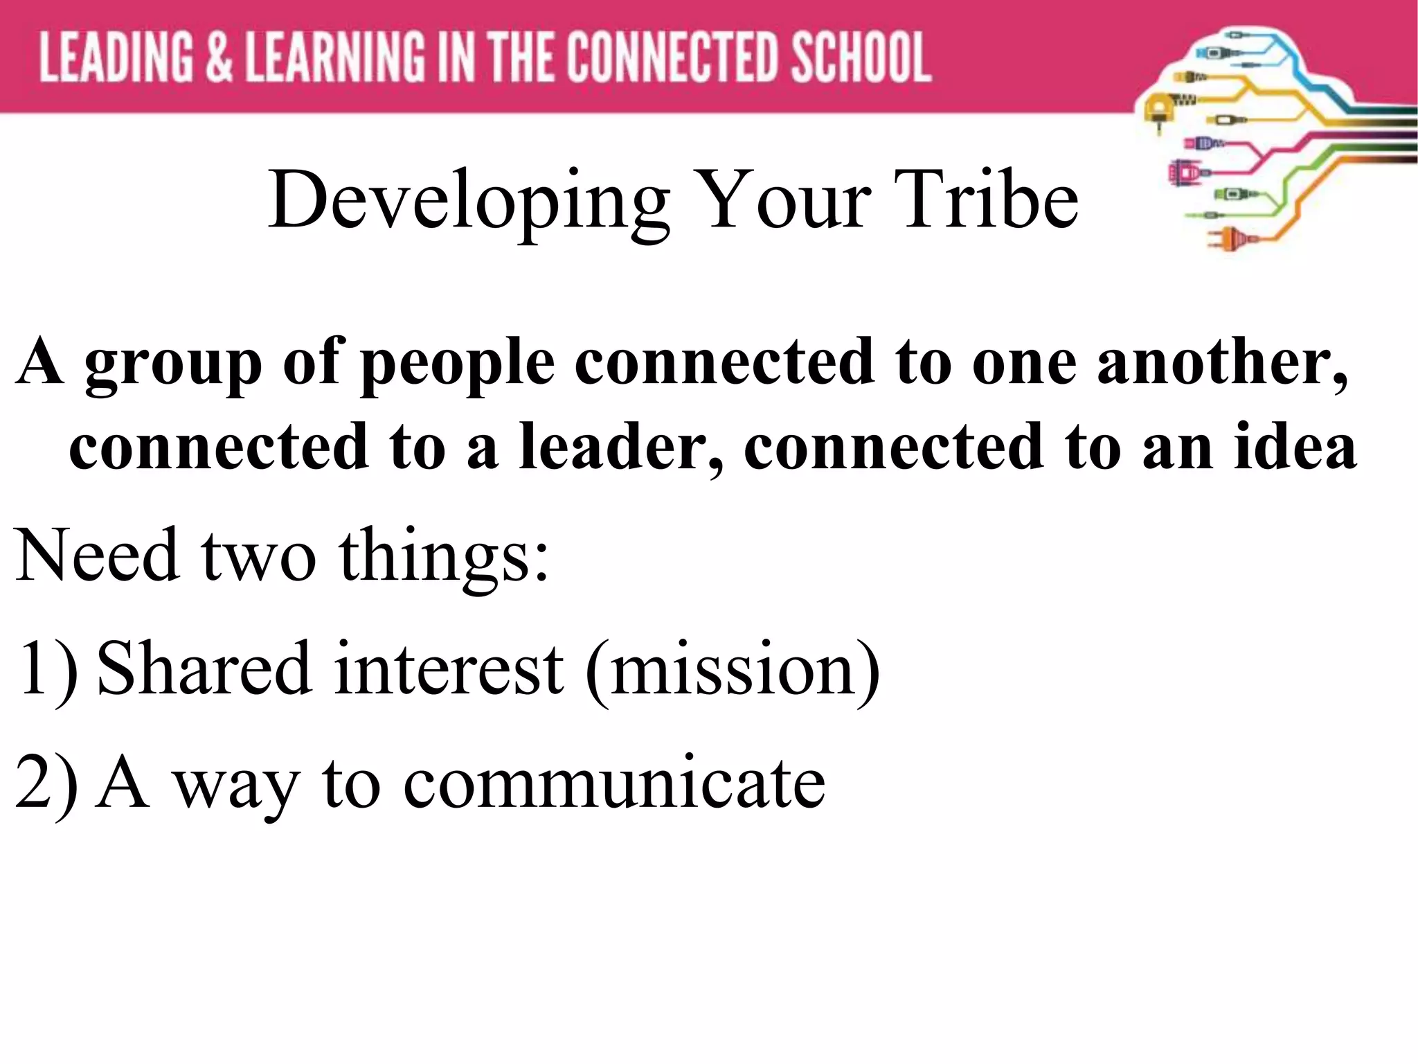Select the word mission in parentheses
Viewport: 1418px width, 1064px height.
click(x=733, y=668)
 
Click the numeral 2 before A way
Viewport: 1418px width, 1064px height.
click(x=33, y=782)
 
